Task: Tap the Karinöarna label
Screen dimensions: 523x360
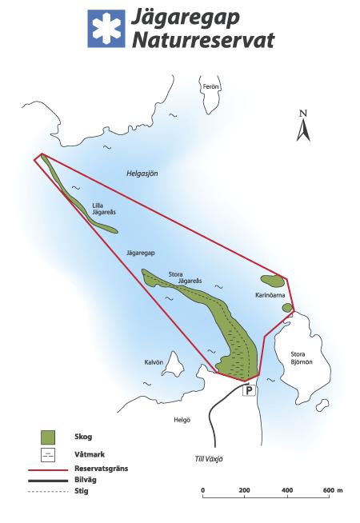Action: tap(270, 295)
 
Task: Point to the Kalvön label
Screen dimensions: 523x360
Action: tap(154, 361)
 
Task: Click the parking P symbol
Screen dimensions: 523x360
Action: tap(248, 391)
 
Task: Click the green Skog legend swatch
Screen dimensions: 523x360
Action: tap(49, 437)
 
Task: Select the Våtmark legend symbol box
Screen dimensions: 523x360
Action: tap(49, 455)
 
